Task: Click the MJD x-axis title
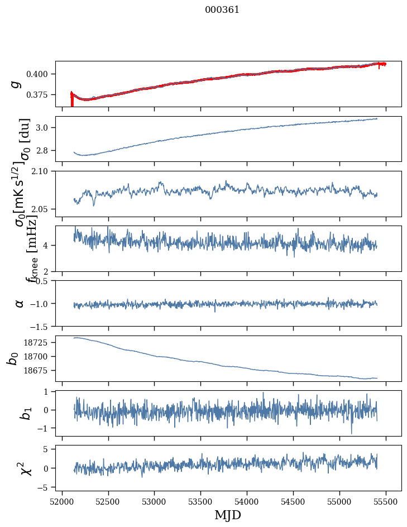[x=228, y=515]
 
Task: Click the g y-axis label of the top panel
[x=16, y=84]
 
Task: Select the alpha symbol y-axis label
[x=20, y=303]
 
